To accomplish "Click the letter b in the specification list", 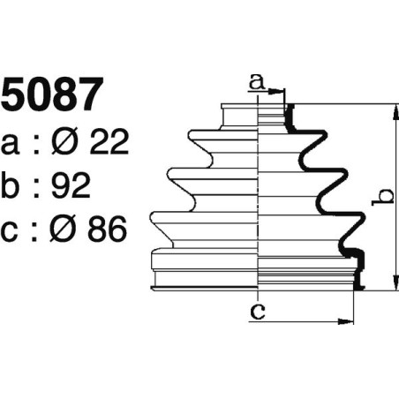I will tap(12, 186).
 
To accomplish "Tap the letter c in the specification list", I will tap(11, 232).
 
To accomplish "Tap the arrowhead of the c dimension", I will tap(350, 321).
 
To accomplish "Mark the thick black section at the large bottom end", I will tap(358, 269).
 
